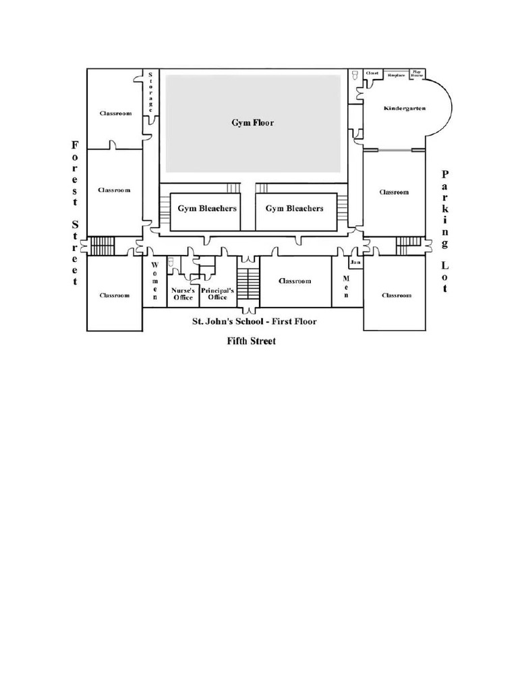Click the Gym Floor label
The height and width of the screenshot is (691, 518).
[253, 123]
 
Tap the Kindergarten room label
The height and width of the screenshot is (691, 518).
[404, 109]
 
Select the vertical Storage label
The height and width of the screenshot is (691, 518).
[150, 92]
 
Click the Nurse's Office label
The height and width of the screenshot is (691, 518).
[183, 294]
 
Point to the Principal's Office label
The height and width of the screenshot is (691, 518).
[217, 294]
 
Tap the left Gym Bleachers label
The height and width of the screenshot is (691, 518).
[207, 209]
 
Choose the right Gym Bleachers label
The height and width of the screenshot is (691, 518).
[294, 209]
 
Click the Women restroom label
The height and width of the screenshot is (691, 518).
[154, 281]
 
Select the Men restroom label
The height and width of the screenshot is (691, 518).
[347, 287]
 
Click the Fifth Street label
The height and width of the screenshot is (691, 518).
[251, 341]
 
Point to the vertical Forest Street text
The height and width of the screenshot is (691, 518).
[75, 213]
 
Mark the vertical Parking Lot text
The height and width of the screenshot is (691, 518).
[444, 231]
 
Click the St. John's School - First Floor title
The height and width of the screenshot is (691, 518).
[255, 322]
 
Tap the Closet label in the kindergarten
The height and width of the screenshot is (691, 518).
[372, 73]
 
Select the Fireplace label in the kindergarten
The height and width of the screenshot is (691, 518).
[397, 75]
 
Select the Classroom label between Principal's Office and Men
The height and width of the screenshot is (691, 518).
[295, 281]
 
